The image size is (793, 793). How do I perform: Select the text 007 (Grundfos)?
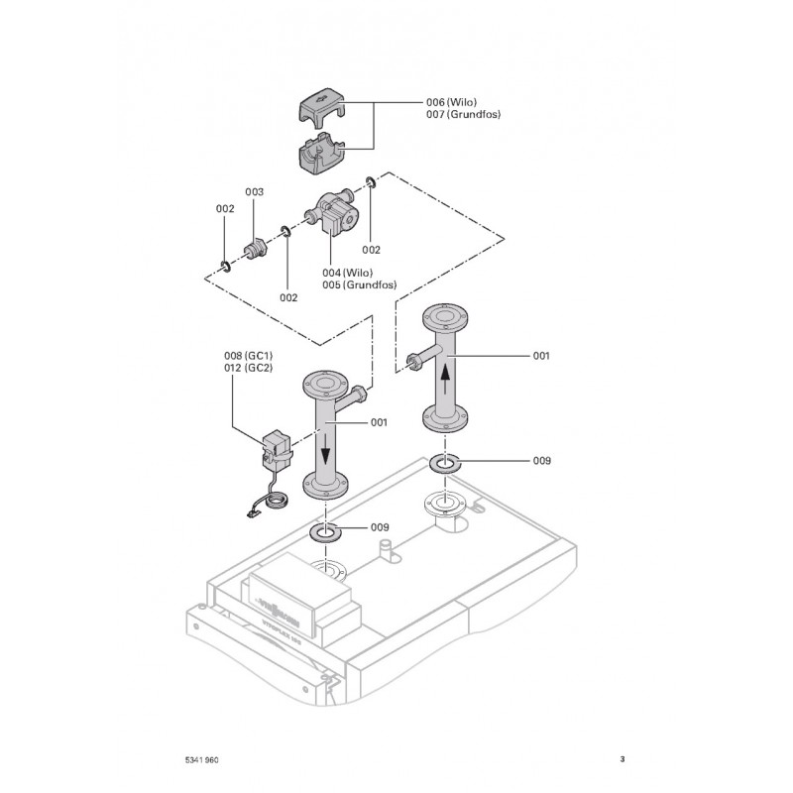463,115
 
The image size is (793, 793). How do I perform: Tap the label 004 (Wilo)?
347,273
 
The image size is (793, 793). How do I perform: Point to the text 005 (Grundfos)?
359,285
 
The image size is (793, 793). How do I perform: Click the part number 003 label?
254,191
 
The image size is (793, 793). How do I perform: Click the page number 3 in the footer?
622,760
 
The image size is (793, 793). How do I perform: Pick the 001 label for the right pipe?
541,355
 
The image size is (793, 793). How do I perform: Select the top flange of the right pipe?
445,319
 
